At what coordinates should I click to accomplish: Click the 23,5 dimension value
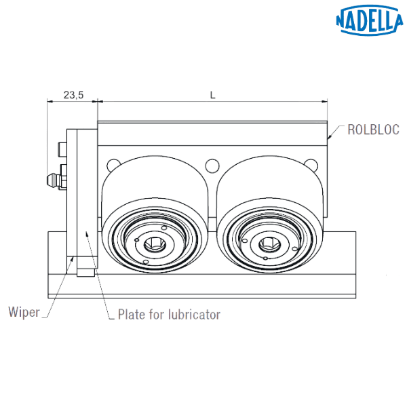[x=73, y=96]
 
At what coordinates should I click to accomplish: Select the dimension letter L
[x=212, y=96]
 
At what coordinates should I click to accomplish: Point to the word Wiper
[x=22, y=313]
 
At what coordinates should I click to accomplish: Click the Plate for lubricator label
[x=169, y=315]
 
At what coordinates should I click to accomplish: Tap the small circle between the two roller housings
[x=212, y=165]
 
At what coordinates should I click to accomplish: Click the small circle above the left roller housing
[x=112, y=164]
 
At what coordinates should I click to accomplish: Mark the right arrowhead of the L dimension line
[x=325, y=102]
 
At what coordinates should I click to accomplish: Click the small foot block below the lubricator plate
[x=86, y=273]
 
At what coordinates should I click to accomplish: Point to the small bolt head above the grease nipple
[x=62, y=148]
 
